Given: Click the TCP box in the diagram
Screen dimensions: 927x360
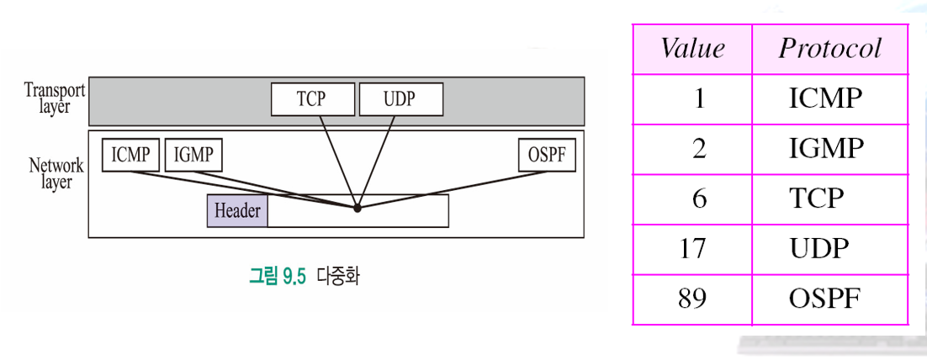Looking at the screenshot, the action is (311, 99).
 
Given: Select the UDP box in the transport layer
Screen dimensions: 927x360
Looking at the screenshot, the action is (400, 99).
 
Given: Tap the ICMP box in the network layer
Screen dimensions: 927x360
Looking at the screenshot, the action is (130, 156).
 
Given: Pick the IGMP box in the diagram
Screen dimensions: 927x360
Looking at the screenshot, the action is (193, 156).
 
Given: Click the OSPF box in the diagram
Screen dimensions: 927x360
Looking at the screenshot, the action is (548, 156).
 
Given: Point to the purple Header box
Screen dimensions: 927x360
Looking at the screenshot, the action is (237, 210).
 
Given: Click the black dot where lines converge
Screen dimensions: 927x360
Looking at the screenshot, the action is (358, 207).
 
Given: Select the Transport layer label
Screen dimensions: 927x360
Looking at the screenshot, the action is (53, 98).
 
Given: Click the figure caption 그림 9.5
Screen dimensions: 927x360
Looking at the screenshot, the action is (278, 277).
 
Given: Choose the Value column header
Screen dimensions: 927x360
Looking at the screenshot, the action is (691, 49).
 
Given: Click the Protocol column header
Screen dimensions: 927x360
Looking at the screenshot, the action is (829, 49).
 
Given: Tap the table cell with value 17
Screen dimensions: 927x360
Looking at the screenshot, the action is (691, 249).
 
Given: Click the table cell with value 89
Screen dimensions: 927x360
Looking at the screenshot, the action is (691, 299).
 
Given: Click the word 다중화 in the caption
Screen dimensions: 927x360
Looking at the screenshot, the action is (337, 277).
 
